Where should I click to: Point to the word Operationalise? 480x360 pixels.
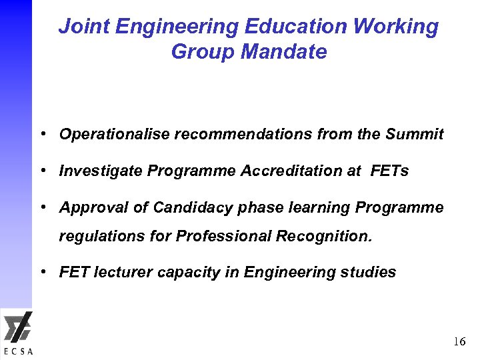click(x=115, y=135)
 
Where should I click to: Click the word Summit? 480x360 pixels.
click(x=414, y=134)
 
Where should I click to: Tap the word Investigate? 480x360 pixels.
click(x=101, y=171)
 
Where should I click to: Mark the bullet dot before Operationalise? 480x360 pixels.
click(x=43, y=134)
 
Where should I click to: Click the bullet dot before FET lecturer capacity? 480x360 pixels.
click(x=43, y=272)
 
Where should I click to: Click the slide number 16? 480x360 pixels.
click(x=459, y=342)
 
